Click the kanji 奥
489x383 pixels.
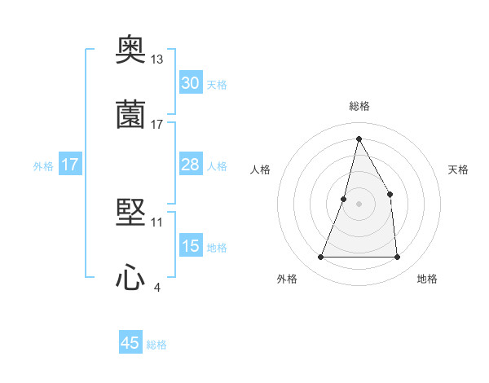tap(130, 51)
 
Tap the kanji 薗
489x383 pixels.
tap(130, 114)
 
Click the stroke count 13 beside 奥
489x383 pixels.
tap(157, 59)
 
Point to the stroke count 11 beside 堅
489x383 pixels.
tap(157, 222)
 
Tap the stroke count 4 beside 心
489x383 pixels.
tap(157, 287)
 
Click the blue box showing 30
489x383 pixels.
tap(190, 83)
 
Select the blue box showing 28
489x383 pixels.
tap(190, 165)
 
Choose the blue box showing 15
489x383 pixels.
tap(190, 246)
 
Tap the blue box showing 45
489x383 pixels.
tap(130, 343)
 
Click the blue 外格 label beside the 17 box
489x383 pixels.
tap(43, 165)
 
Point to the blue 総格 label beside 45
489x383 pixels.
tap(156, 345)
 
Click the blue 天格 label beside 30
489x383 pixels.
tap(217, 84)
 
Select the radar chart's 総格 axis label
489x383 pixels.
tap(359, 106)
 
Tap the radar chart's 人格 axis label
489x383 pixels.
tap(260, 169)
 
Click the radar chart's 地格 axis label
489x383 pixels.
tap(427, 280)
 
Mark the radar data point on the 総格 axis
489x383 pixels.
tap(359, 138)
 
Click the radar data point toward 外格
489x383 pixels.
tap(320, 258)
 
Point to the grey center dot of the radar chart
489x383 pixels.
tap(359, 204)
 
